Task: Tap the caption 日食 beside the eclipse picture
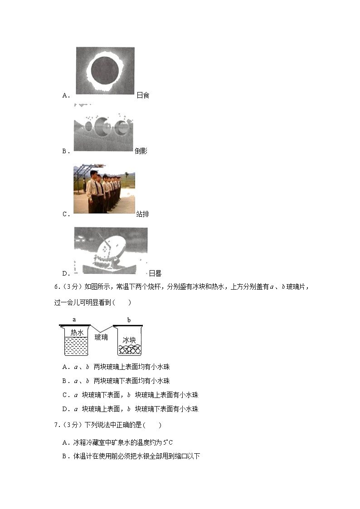(143, 95)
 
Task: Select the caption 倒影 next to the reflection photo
(141, 151)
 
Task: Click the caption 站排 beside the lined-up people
(142, 214)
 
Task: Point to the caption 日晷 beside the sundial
(155, 273)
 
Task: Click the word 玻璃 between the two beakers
(101, 337)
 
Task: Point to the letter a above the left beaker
(74, 320)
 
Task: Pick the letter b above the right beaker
(129, 320)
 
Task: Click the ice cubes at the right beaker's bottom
(129, 350)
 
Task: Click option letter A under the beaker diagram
(65, 367)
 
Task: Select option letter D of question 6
(65, 409)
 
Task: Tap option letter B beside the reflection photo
(64, 151)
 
